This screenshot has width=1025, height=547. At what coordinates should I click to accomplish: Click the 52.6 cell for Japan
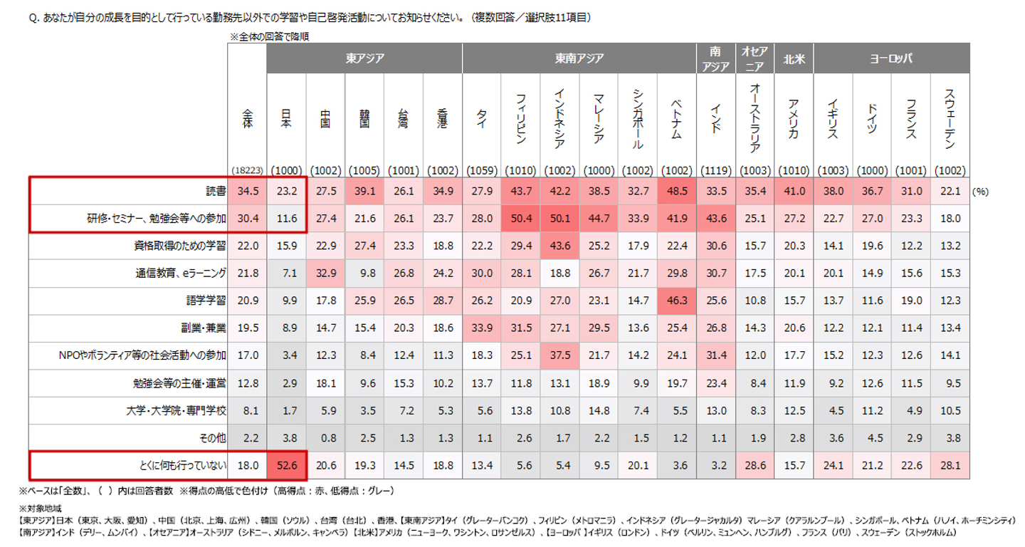click(286, 465)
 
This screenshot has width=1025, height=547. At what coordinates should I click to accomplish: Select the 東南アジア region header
click(579, 58)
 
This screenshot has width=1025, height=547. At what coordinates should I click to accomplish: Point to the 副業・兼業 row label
click(204, 328)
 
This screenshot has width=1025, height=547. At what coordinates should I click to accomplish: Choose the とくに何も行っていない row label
click(184, 466)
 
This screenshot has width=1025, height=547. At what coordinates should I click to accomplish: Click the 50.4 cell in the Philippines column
click(520, 219)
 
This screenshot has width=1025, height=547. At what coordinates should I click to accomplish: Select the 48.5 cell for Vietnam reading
click(677, 192)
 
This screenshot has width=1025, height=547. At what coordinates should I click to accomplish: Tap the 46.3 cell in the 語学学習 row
click(677, 301)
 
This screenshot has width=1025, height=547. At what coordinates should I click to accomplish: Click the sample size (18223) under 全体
click(247, 171)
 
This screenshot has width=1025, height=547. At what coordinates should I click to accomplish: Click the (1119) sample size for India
click(715, 171)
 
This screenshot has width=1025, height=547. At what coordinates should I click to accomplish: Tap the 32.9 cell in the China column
click(325, 273)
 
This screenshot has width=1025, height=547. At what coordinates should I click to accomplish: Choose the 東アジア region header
click(364, 58)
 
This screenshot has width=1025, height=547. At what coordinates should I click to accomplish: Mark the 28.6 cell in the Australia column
click(755, 465)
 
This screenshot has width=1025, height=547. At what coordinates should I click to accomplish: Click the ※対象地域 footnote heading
click(41, 509)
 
